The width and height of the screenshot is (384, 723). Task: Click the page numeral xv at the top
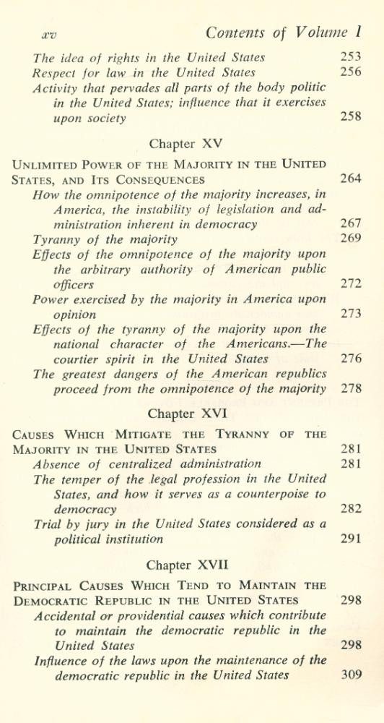(x=50, y=33)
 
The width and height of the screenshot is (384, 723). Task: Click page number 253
(x=350, y=56)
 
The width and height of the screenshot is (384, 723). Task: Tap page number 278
(x=350, y=389)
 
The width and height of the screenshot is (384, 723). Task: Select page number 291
(x=350, y=539)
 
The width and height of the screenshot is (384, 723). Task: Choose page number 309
(x=350, y=675)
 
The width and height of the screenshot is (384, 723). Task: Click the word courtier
(x=77, y=359)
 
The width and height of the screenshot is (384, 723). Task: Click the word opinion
(x=76, y=315)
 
